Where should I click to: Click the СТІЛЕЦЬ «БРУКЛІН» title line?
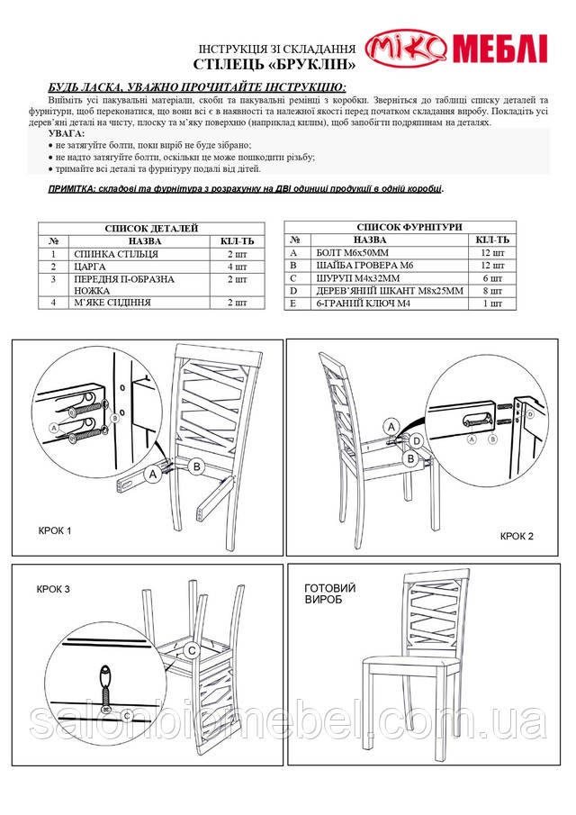coord(268,66)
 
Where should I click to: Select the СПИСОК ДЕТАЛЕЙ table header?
coord(152,229)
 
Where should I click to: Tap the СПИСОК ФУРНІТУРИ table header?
coord(400,228)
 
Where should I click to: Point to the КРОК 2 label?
coord(517,536)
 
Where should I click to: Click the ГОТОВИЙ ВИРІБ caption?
coord(330,593)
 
